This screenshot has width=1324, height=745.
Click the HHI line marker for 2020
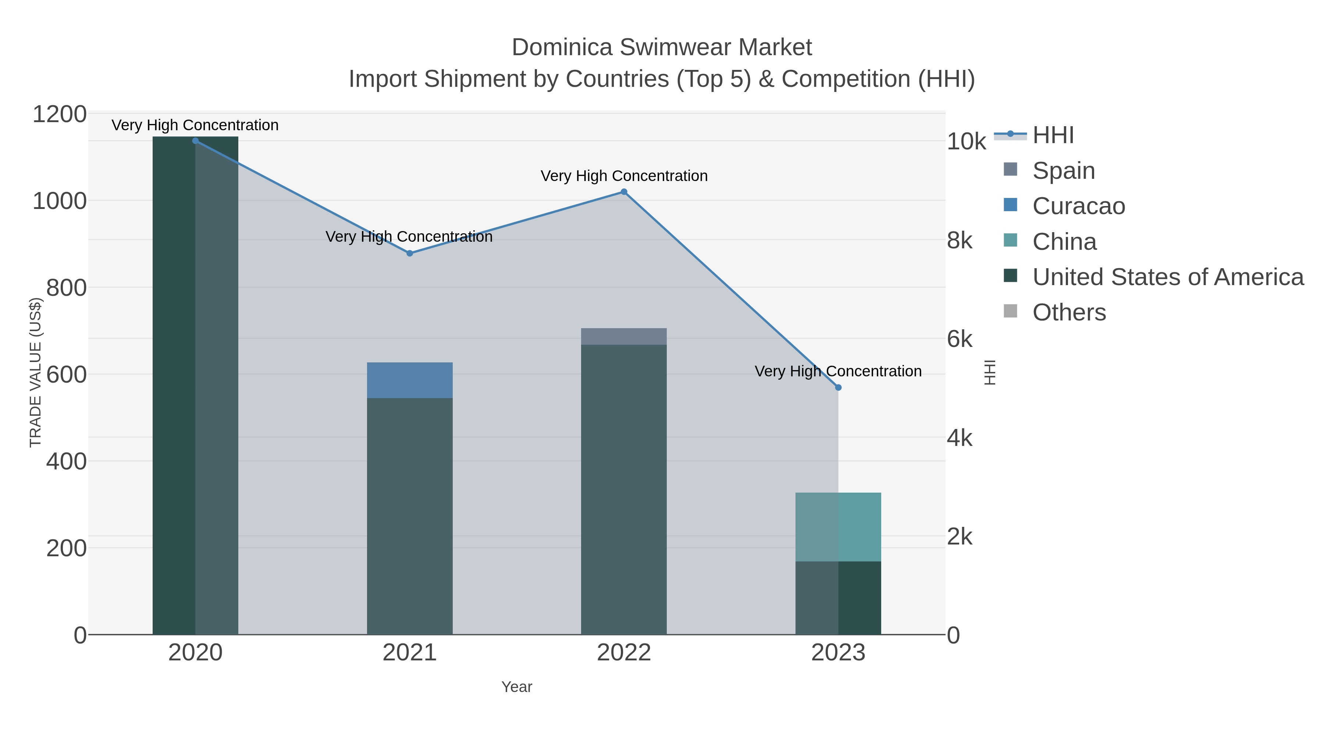pyautogui.click(x=195, y=141)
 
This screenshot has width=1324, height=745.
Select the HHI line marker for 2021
pyautogui.click(x=410, y=253)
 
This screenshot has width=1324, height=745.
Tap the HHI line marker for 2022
pyautogui.click(x=624, y=192)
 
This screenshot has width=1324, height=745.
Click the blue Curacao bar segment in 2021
pyautogui.click(x=410, y=380)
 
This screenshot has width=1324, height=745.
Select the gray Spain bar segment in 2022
pyautogui.click(x=624, y=337)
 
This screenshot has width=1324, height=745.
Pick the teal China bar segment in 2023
pyautogui.click(x=838, y=527)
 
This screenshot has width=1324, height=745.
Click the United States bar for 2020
pyautogui.click(x=195, y=386)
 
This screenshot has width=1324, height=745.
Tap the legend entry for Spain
pyautogui.click(x=1063, y=171)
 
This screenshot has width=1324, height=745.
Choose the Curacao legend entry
pyautogui.click(x=1078, y=206)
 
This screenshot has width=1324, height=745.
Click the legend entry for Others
pyautogui.click(x=1069, y=313)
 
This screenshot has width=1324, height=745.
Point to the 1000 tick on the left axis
pyautogui.click(x=60, y=201)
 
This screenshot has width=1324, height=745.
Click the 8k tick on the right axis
pyautogui.click(x=960, y=241)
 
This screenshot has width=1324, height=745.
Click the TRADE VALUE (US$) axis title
pyautogui.click(x=35, y=373)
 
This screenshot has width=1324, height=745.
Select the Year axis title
pyautogui.click(x=517, y=687)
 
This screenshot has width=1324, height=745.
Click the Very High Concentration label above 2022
pyautogui.click(x=624, y=176)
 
